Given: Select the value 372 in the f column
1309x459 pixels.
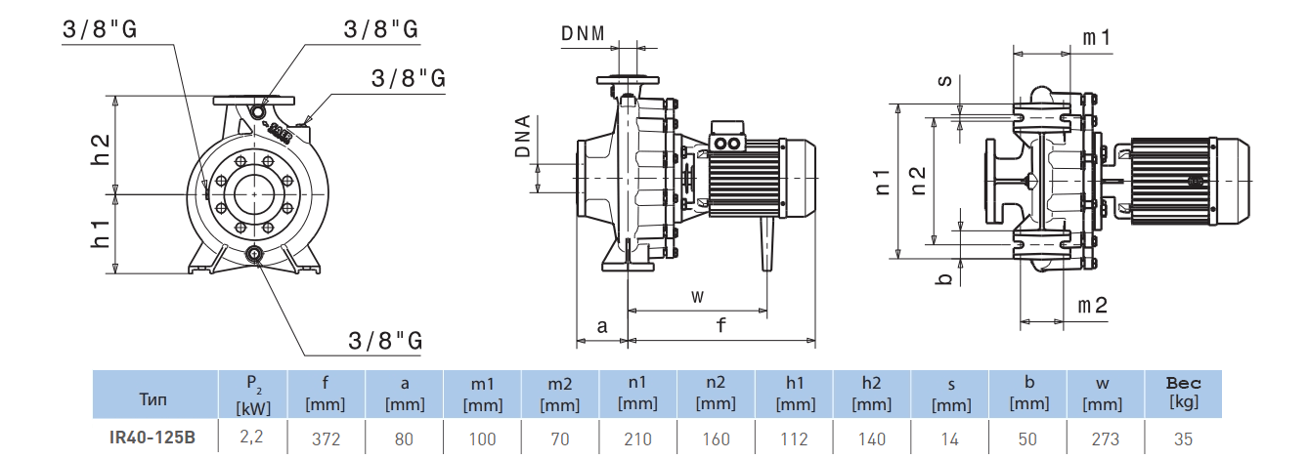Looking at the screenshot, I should pyautogui.click(x=326, y=438).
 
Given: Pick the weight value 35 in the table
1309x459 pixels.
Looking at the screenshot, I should pyautogui.click(x=1183, y=438).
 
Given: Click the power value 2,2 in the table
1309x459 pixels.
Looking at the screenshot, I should pyautogui.click(x=251, y=438).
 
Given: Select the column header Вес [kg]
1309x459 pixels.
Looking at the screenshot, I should pyautogui.click(x=1183, y=393).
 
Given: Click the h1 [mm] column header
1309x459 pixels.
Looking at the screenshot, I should pyautogui.click(x=794, y=394).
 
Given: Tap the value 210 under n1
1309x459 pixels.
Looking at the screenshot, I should pyautogui.click(x=637, y=438).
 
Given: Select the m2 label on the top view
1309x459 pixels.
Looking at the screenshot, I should pyautogui.click(x=1092, y=305).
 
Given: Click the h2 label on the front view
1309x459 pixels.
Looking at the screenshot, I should pyautogui.click(x=101, y=147).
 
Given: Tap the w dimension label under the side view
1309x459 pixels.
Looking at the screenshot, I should pyautogui.click(x=696, y=295).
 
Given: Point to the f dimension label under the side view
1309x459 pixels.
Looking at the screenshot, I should pyautogui.click(x=720, y=326).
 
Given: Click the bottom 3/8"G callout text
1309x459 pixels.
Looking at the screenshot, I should pyautogui.click(x=385, y=341).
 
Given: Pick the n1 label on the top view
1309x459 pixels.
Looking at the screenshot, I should pyautogui.click(x=883, y=181).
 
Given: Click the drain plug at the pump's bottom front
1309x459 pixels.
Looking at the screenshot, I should pyautogui.click(x=255, y=256).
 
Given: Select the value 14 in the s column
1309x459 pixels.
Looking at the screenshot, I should pyautogui.click(x=948, y=438).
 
